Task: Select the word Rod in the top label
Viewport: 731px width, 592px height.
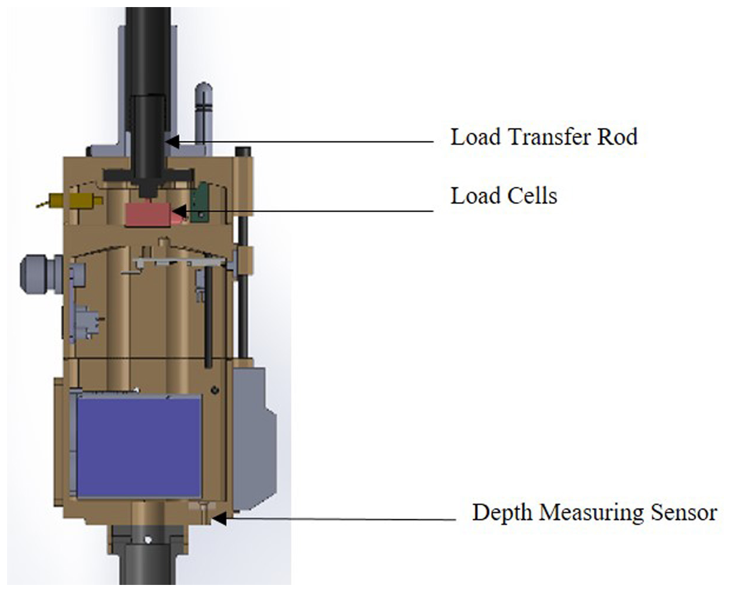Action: (618, 137)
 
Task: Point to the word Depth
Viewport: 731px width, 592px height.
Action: (502, 512)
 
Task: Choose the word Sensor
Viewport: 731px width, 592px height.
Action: (684, 512)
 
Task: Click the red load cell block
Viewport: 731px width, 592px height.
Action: (147, 214)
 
